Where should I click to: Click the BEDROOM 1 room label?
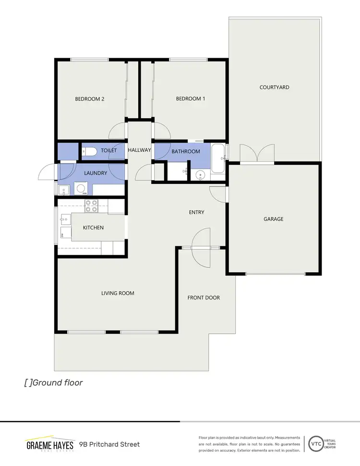coord(191,99)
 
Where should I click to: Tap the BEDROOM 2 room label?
coord(90,99)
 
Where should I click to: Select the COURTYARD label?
coord(275,87)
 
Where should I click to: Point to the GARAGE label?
coord(274,219)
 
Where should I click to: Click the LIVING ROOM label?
coord(118,293)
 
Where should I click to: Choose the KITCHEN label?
coord(93,228)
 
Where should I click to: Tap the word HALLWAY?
coord(140,150)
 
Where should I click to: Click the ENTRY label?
coord(197,212)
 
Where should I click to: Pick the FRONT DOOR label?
coord(204,298)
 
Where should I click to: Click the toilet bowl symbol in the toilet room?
coord(90,152)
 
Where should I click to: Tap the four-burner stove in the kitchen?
coord(91,206)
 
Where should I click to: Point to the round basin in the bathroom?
coord(201,175)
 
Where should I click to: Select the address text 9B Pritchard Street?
coord(109,444)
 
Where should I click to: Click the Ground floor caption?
coord(53,383)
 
